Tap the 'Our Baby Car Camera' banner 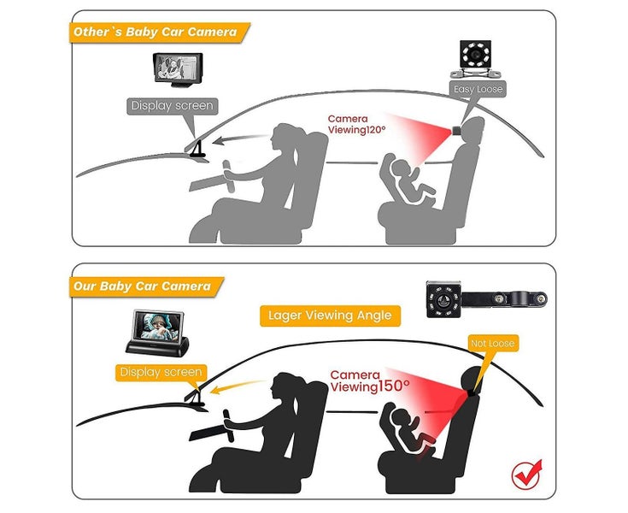tap(146, 286)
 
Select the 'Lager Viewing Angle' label tap(330, 315)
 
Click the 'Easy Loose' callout tap(478, 89)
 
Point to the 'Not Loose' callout tap(493, 344)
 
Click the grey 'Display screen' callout tap(173, 106)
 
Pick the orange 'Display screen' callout tap(161, 372)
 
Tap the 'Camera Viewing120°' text tap(356, 124)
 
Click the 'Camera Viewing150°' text tap(369, 380)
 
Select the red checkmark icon tap(526, 475)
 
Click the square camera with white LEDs tap(475, 58)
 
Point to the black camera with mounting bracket tap(486, 299)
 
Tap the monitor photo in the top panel tap(178, 69)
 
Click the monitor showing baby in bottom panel tap(157, 333)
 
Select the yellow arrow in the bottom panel tap(238, 386)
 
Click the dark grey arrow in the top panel tap(239, 139)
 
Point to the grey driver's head tap(285, 137)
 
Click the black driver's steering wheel tap(229, 425)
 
